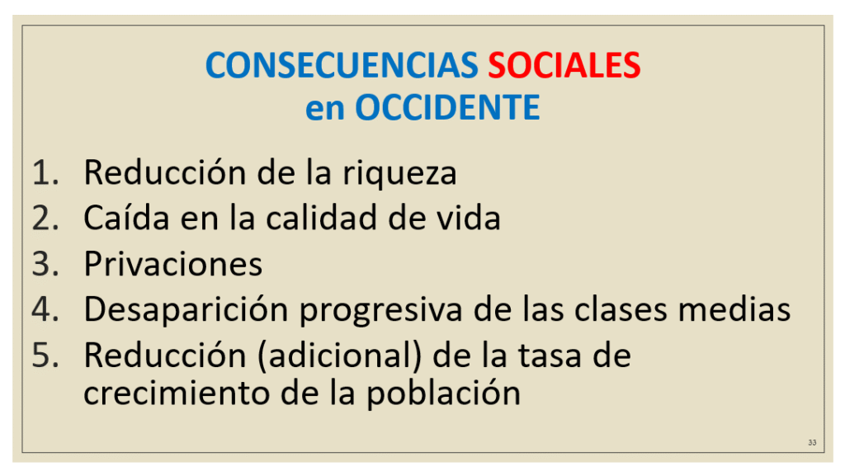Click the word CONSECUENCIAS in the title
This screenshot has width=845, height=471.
(341, 65)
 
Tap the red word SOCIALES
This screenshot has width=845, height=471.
(564, 65)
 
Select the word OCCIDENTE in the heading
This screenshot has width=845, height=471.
(447, 108)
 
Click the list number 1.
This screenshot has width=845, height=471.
(45, 173)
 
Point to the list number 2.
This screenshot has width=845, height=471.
(45, 219)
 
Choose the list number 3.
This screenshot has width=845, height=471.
(45, 264)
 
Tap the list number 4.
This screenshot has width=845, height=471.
(45, 309)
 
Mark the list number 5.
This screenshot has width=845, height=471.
(45, 356)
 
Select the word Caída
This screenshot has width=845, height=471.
(126, 218)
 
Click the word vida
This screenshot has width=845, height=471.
(469, 218)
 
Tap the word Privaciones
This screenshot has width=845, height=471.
(173, 263)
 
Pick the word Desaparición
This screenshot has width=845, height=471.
(186, 311)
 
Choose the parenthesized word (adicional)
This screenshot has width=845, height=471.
(339, 356)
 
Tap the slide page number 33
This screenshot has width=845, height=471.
(812, 442)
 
